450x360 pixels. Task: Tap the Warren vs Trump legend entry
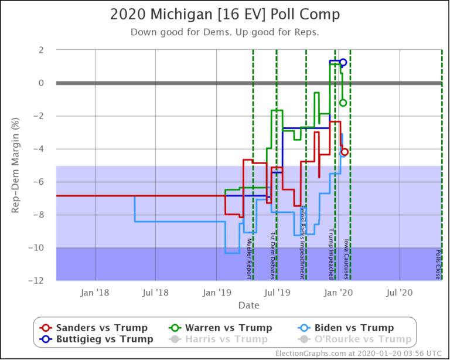[225, 328]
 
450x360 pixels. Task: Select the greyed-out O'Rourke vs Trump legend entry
[354, 339]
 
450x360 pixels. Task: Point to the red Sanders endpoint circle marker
[345, 152]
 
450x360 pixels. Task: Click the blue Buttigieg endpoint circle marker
[343, 62]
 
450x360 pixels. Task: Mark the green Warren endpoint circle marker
[343, 103]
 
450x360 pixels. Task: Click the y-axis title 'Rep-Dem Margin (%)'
[16, 165]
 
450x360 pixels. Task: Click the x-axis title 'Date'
[248, 305]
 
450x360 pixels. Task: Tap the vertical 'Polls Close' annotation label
[438, 263]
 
